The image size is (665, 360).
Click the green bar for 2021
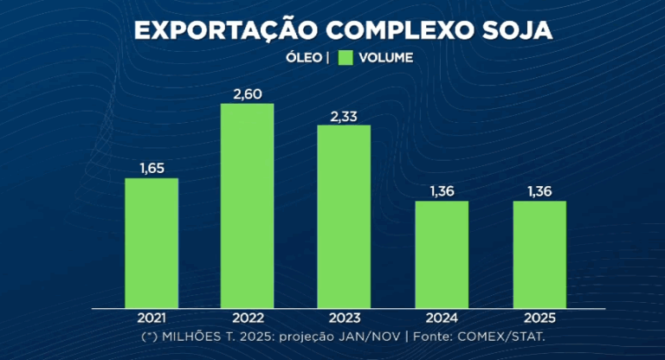(x=152, y=243)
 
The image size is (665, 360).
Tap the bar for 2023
(x=344, y=216)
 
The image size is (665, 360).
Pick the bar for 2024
(x=442, y=254)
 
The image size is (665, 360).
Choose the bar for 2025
(x=539, y=254)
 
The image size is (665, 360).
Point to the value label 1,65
(x=152, y=166)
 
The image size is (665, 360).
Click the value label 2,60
(x=248, y=92)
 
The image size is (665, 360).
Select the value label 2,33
(x=344, y=113)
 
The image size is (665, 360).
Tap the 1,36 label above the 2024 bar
(x=442, y=190)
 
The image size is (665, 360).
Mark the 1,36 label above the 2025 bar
(x=539, y=190)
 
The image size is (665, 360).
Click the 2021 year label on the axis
(x=152, y=318)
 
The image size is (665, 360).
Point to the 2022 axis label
(x=248, y=318)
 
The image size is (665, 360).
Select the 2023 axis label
(x=344, y=318)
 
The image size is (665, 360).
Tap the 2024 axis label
(x=442, y=318)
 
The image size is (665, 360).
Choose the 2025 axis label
(x=539, y=318)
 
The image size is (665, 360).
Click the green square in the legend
(x=346, y=58)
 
